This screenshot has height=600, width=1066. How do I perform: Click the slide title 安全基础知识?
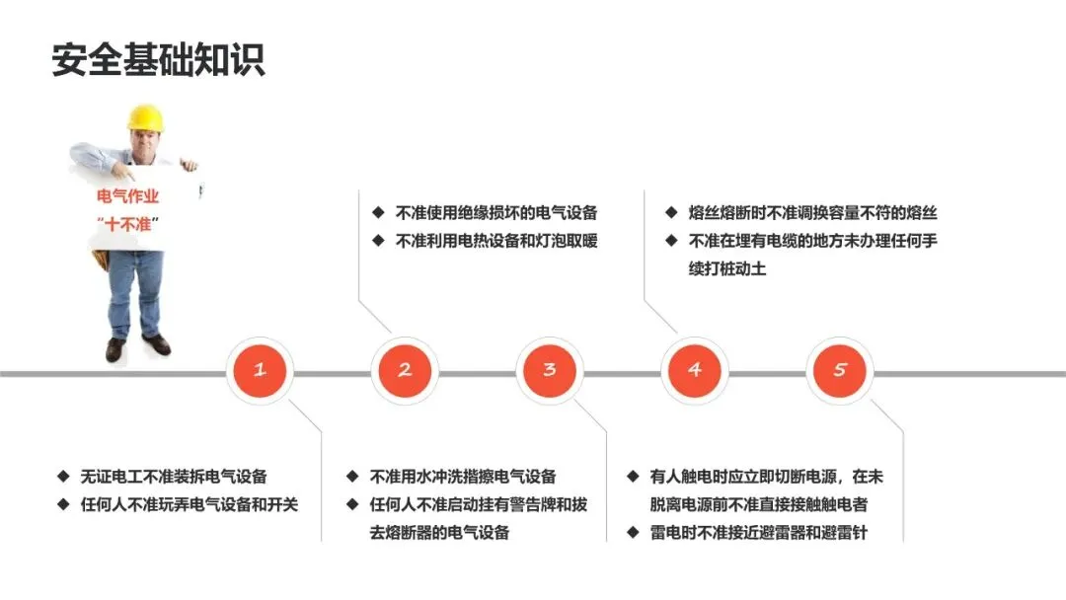(158, 59)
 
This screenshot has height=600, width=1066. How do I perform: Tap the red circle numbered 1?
(260, 370)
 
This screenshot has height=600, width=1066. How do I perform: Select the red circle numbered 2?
(405, 370)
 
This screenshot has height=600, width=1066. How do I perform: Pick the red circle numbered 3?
(550, 370)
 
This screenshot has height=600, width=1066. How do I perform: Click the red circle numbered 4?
(695, 370)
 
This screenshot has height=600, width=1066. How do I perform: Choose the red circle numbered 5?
(840, 370)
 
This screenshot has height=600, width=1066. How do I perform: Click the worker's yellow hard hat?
(144, 118)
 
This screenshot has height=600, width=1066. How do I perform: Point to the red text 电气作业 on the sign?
(127, 197)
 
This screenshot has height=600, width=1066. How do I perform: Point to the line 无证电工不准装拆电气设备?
(174, 477)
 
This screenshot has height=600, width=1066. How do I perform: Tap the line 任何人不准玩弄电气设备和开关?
(189, 504)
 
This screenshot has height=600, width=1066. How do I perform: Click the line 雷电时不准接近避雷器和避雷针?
(761, 534)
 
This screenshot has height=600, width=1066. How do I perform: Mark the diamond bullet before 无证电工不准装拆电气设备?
(63, 477)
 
